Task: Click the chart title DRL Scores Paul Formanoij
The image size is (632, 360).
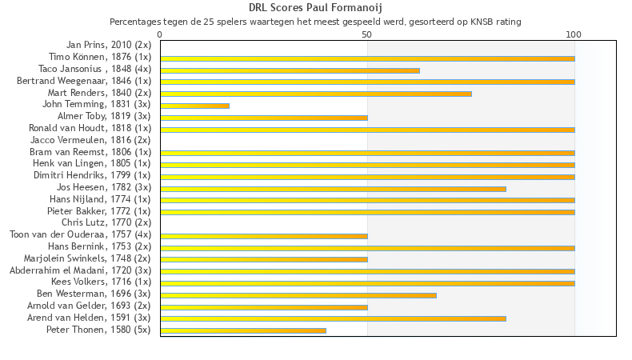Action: [x=315, y=8]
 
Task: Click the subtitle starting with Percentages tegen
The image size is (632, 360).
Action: [x=315, y=22]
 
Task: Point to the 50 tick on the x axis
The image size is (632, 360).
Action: [x=367, y=34]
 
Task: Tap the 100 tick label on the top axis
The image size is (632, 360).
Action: [x=574, y=34]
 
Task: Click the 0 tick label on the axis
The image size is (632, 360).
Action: [x=160, y=34]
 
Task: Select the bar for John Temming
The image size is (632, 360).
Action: [x=194, y=106]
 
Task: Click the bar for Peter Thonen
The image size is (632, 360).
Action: [x=243, y=330]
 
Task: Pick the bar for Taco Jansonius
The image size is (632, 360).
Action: [x=290, y=70]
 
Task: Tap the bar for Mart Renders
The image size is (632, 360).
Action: [x=316, y=94]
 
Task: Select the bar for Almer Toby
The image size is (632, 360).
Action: [x=264, y=118]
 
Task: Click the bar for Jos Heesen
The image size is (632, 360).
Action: [x=333, y=189]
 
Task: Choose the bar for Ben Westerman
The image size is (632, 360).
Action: [x=298, y=295]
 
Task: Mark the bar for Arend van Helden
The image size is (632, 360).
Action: [x=333, y=318]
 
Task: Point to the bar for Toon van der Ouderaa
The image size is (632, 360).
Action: [x=264, y=236]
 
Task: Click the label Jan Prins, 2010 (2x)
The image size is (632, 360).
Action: [x=108, y=45]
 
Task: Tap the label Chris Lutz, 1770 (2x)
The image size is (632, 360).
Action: [x=106, y=222]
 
